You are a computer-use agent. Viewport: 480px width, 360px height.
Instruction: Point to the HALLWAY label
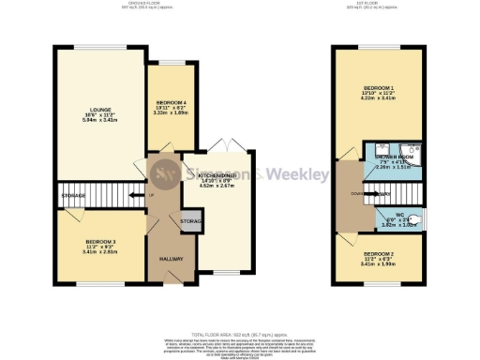[170, 258]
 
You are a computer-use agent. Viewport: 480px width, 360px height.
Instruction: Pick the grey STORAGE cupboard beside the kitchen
[190, 221]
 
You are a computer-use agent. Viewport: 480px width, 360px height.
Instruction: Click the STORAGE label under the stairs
[74, 195]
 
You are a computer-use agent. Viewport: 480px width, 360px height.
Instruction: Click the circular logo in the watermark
[167, 173]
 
